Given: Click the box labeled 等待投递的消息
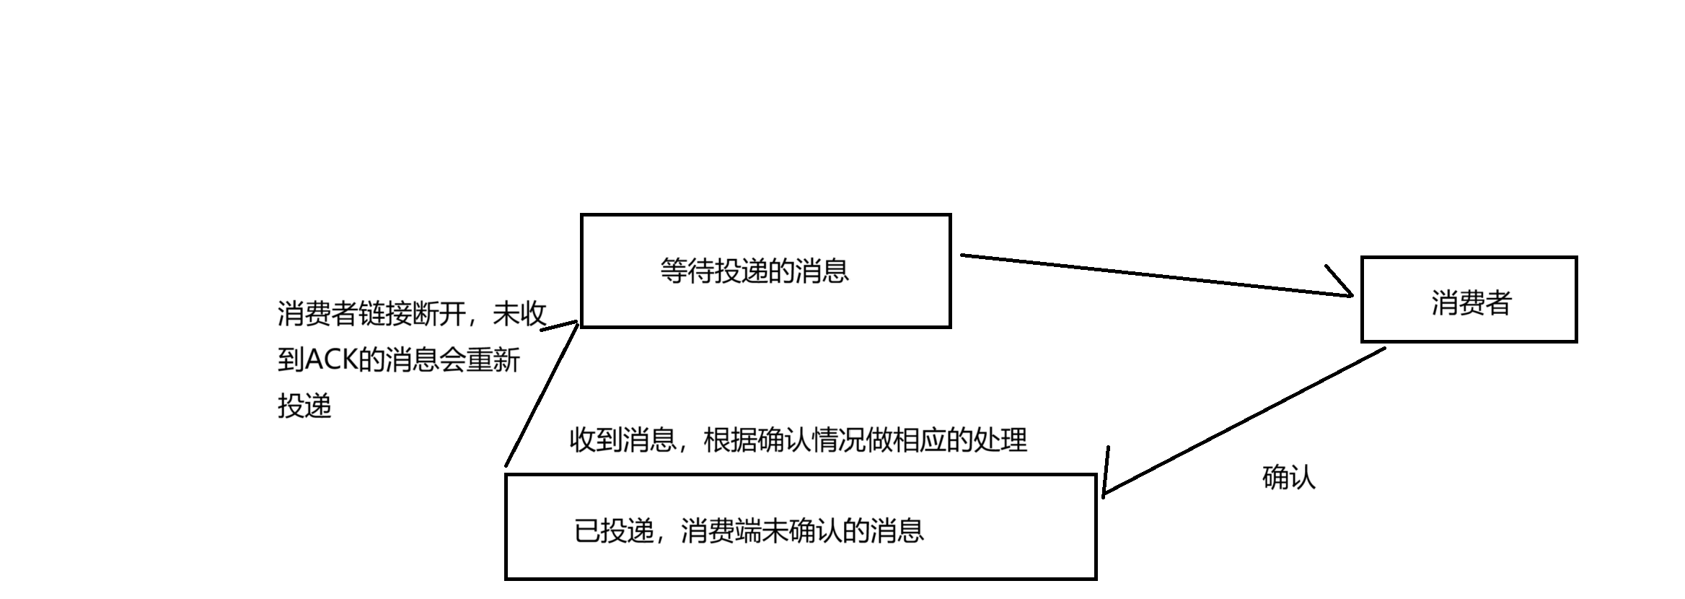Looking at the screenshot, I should coord(765,271).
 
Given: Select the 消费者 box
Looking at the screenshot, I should coord(1469,299).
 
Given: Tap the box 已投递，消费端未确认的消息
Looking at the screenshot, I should coord(801,527).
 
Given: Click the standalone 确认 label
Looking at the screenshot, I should coord(1289,478).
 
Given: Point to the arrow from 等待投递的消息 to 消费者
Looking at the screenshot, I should coord(1154,275).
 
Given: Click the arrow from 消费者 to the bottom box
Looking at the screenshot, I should coord(1244,421).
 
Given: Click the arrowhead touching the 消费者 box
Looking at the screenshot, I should coord(1342,285).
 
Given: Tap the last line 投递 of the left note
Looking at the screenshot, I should coord(304,406).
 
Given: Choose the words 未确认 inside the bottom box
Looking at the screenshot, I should coord(801,531).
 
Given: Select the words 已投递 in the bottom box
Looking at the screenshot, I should coord(614,531).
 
